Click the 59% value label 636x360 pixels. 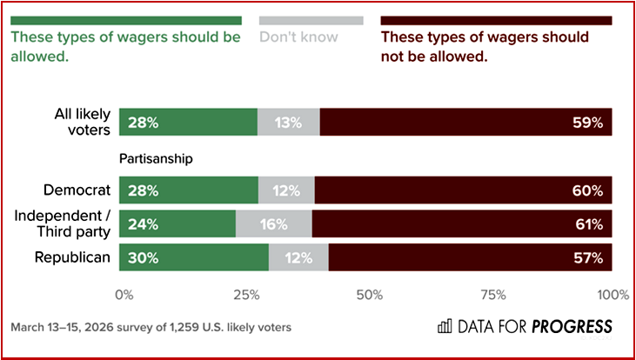click(x=588, y=123)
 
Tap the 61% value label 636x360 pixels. click(x=588, y=224)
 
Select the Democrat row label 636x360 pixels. click(x=77, y=190)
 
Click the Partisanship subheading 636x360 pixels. click(x=155, y=159)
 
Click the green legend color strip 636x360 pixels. click(x=125, y=19)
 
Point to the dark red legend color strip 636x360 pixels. click(x=497, y=19)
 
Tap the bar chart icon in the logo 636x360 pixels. click(x=445, y=327)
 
